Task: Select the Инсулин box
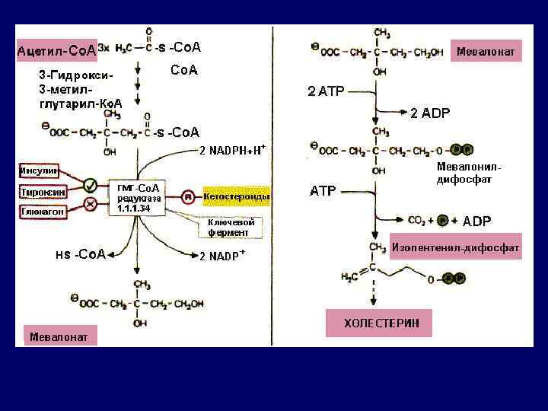tap(39, 170)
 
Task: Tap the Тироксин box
tap(41, 192)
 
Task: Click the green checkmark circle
tap(90, 184)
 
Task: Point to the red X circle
tap(90, 203)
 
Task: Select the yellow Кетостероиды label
tap(236, 197)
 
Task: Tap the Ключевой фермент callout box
tap(232, 228)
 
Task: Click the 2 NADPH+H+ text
tap(233, 148)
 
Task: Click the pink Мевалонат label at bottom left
tap(58, 336)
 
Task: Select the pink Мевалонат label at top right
tap(486, 52)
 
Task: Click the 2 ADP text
tap(430, 113)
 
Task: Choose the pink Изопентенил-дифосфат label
tap(455, 248)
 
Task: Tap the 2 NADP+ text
tap(222, 256)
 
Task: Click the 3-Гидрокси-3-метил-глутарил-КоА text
tap(79, 88)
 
